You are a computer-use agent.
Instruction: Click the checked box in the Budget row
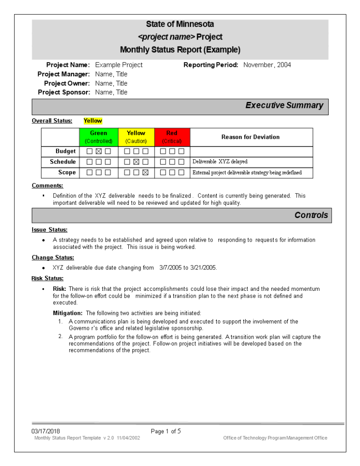99,151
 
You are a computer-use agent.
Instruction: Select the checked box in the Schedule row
136,162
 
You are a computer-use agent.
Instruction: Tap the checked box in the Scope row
145,172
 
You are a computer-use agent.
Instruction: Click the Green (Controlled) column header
99,137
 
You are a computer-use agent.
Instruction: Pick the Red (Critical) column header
172,137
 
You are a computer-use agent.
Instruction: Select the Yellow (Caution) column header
136,137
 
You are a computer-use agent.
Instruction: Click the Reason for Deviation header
250,137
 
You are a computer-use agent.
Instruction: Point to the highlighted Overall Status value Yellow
93,121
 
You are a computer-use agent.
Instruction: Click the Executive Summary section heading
284,106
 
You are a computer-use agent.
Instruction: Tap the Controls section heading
311,215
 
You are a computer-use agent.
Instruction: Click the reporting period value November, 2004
267,65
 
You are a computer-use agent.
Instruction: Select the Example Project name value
119,65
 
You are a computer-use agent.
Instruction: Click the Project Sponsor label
64,92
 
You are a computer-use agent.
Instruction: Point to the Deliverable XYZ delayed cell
220,162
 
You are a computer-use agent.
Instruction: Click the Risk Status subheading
47,279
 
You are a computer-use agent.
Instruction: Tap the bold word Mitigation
68,313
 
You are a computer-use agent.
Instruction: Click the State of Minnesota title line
180,24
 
